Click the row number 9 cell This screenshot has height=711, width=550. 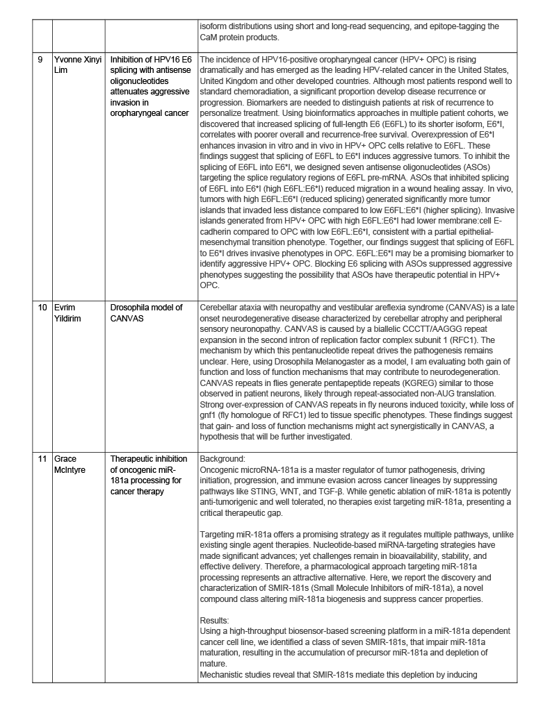pyautogui.click(x=40, y=59)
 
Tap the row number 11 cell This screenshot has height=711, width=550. pyautogui.click(x=42, y=459)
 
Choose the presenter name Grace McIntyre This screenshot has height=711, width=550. pyautogui.click(x=71, y=464)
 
